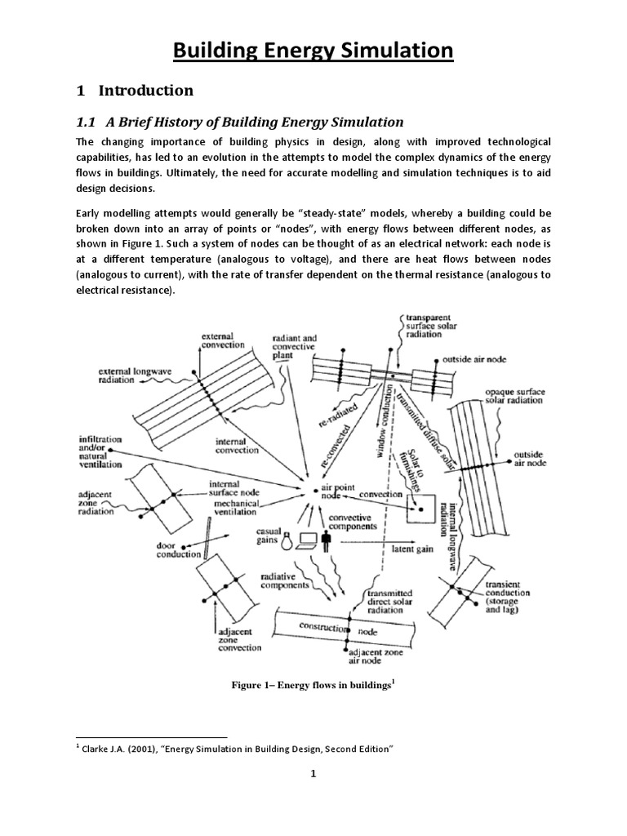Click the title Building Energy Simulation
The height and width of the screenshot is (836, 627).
[313, 51]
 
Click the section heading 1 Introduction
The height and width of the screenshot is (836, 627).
[135, 91]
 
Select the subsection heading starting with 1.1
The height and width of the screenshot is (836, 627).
[239, 122]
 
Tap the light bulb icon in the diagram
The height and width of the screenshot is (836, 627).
[287, 540]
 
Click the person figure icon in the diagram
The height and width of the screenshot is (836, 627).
[328, 540]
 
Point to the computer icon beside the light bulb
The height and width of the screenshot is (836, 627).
[308, 540]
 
